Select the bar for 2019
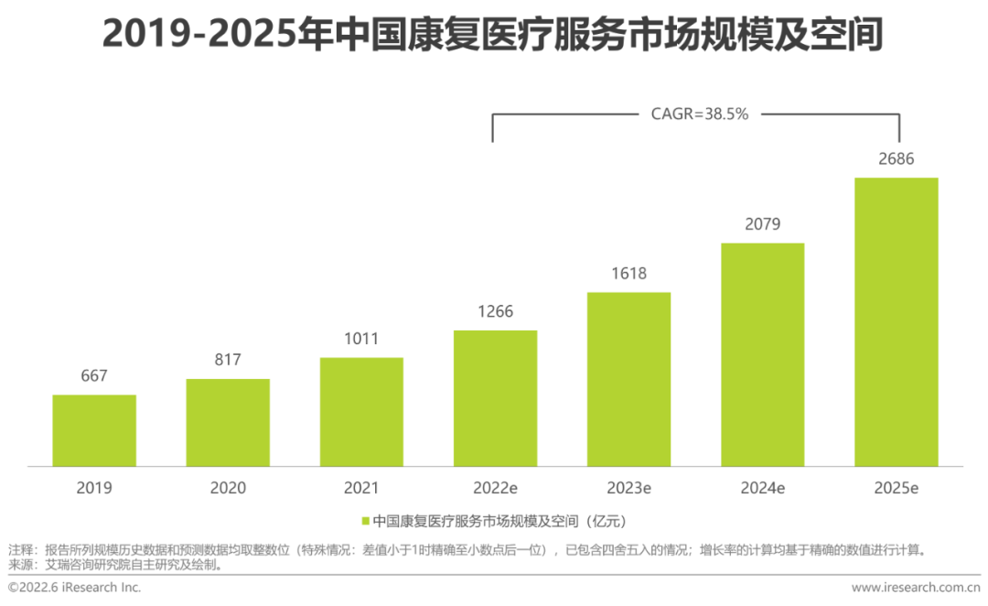(93, 430)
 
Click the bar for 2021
(361, 411)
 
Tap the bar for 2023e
(628, 379)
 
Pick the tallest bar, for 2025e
(896, 321)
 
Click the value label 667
(93, 375)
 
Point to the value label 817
(227, 360)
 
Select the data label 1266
(495, 311)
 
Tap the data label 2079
(762, 224)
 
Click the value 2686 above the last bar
(896, 159)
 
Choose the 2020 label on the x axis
(227, 488)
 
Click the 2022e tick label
(495, 488)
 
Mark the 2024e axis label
(762, 488)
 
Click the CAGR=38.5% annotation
(701, 114)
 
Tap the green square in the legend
(366, 522)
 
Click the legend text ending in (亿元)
(499, 522)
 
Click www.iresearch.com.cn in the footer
(916, 588)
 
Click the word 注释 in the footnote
(20, 550)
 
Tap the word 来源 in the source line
(20, 565)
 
